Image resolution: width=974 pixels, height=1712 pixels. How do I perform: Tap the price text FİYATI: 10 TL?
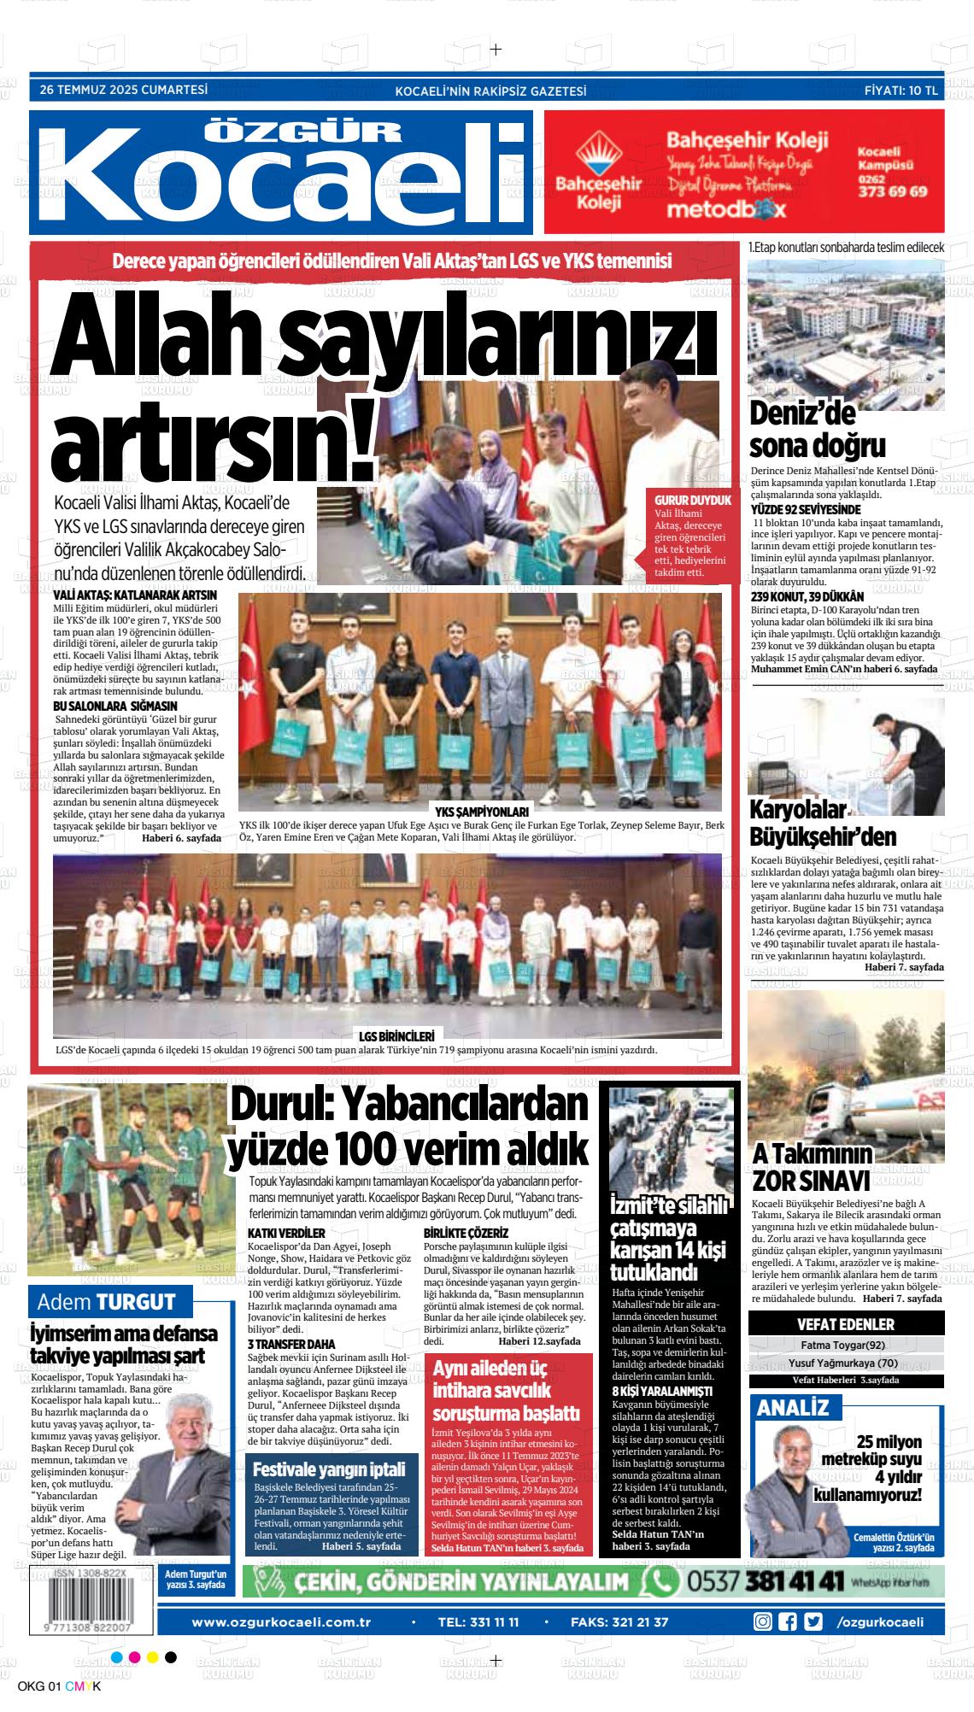tap(901, 90)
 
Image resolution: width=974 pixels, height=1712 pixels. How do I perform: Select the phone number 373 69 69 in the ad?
tap(892, 191)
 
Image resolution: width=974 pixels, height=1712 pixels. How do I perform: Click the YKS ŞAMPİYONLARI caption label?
tap(482, 812)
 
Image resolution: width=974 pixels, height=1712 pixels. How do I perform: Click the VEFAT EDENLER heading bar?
tap(845, 1325)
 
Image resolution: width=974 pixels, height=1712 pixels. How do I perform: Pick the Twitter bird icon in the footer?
tap(813, 1621)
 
